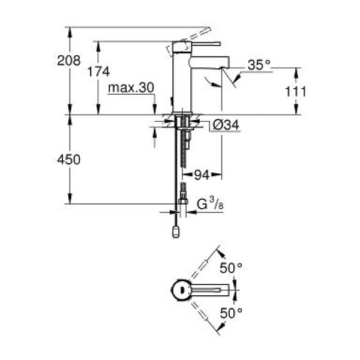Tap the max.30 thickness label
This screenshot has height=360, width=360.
tap(131, 88)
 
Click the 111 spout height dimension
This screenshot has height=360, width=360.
tap(296, 91)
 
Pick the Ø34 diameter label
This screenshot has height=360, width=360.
tap(226, 125)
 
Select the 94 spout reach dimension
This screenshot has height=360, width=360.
tap(201, 175)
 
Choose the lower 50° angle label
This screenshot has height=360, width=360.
tap(231, 313)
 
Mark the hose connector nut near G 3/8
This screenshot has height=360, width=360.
tap(183, 202)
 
